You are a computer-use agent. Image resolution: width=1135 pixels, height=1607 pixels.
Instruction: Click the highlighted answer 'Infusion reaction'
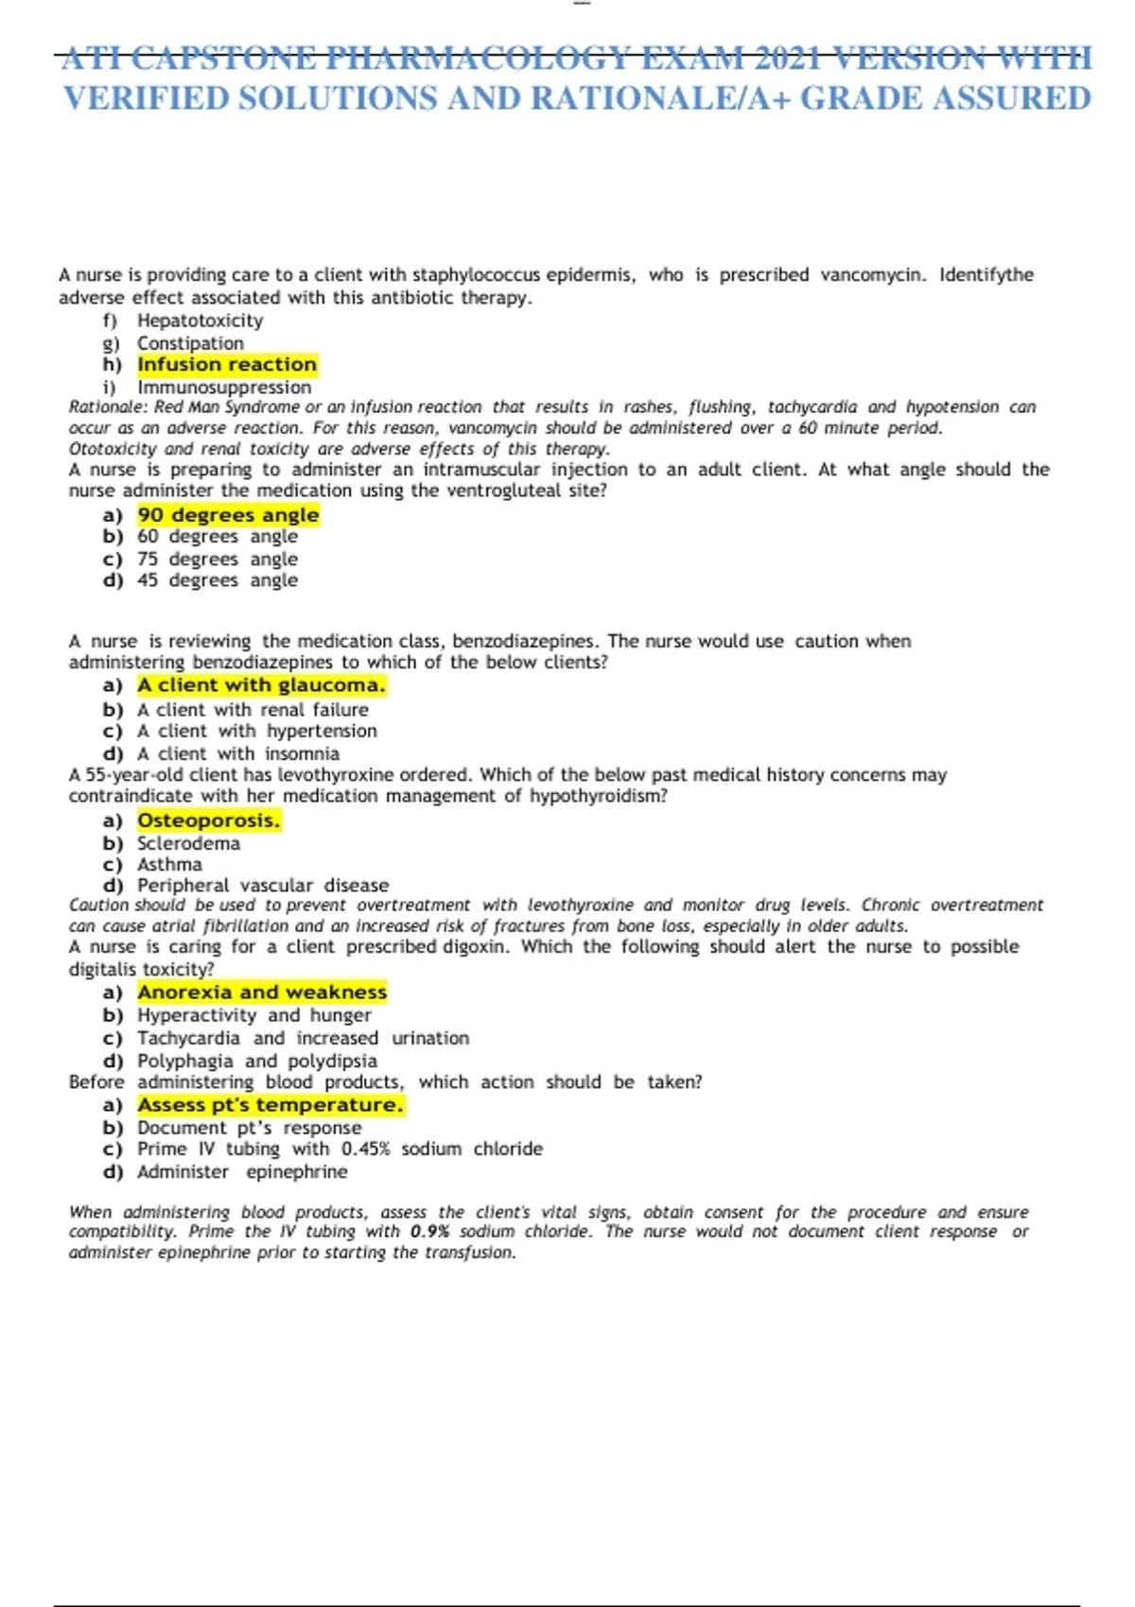click(x=227, y=365)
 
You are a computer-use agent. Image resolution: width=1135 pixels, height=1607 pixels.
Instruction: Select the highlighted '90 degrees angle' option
click(x=228, y=515)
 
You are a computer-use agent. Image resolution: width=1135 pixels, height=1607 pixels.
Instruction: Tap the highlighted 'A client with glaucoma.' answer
click(x=261, y=685)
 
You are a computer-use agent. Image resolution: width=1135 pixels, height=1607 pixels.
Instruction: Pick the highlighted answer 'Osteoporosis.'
click(x=208, y=821)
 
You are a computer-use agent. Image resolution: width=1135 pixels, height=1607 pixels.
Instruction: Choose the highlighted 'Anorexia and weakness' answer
click(x=262, y=993)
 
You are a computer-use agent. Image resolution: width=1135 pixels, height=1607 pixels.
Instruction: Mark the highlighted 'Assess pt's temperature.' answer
click(x=271, y=1105)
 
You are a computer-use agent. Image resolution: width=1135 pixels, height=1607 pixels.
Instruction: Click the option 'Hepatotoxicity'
click(x=200, y=320)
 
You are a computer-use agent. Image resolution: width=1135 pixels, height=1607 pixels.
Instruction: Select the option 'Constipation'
click(x=190, y=343)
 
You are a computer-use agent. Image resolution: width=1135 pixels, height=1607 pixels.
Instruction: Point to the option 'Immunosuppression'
click(x=224, y=388)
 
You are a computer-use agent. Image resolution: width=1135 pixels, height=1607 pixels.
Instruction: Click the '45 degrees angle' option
click(x=218, y=580)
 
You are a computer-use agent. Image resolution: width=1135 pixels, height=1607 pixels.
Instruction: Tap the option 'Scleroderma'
click(x=188, y=843)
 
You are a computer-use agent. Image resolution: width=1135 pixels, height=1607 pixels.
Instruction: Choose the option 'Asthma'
click(x=169, y=865)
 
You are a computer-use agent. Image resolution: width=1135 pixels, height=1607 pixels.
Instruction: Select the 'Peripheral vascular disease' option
click(x=263, y=886)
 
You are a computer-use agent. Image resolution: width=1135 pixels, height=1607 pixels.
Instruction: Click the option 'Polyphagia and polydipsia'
click(x=257, y=1062)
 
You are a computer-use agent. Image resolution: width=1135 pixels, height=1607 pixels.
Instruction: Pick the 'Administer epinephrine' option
click(x=242, y=1172)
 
